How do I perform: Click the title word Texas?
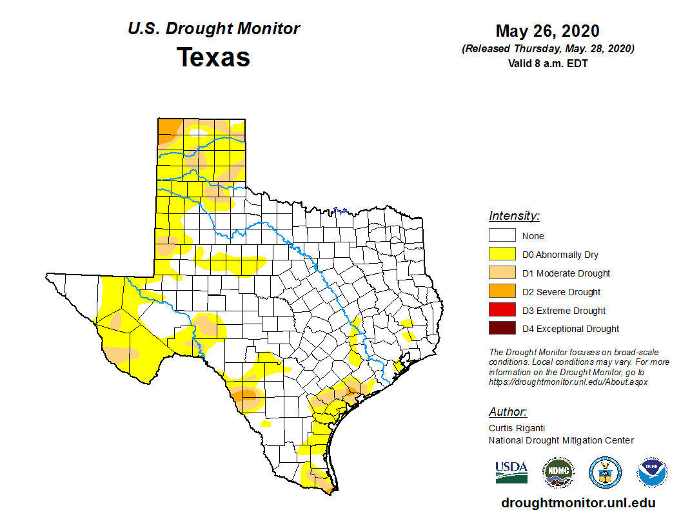pyautogui.click(x=213, y=57)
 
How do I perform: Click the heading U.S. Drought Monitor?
pyautogui.click(x=213, y=29)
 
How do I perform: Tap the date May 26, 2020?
pyautogui.click(x=548, y=31)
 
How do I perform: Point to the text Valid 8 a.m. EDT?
pyautogui.click(x=548, y=63)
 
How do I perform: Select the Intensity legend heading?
pyautogui.click(x=514, y=216)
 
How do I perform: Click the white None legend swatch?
pyautogui.click(x=502, y=236)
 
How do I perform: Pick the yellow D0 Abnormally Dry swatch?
pyautogui.click(x=502, y=255)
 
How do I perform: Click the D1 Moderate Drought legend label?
pyautogui.click(x=566, y=273)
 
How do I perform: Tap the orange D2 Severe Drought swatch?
pyautogui.click(x=502, y=291)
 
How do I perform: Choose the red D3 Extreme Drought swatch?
pyautogui.click(x=502, y=310)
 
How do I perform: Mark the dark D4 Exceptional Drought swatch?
pyautogui.click(x=502, y=329)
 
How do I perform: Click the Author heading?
pyautogui.click(x=508, y=412)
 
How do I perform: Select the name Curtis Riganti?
pyautogui.click(x=517, y=427)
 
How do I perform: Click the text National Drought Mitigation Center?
pyautogui.click(x=561, y=440)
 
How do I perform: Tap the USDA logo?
pyautogui.click(x=511, y=472)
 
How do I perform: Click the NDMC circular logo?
pyautogui.click(x=558, y=472)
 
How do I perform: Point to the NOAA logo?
pyautogui.click(x=652, y=472)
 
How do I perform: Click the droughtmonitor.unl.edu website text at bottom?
pyautogui.click(x=578, y=503)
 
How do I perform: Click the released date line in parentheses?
pyautogui.click(x=548, y=49)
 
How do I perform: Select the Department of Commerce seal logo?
pyautogui.click(x=605, y=472)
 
